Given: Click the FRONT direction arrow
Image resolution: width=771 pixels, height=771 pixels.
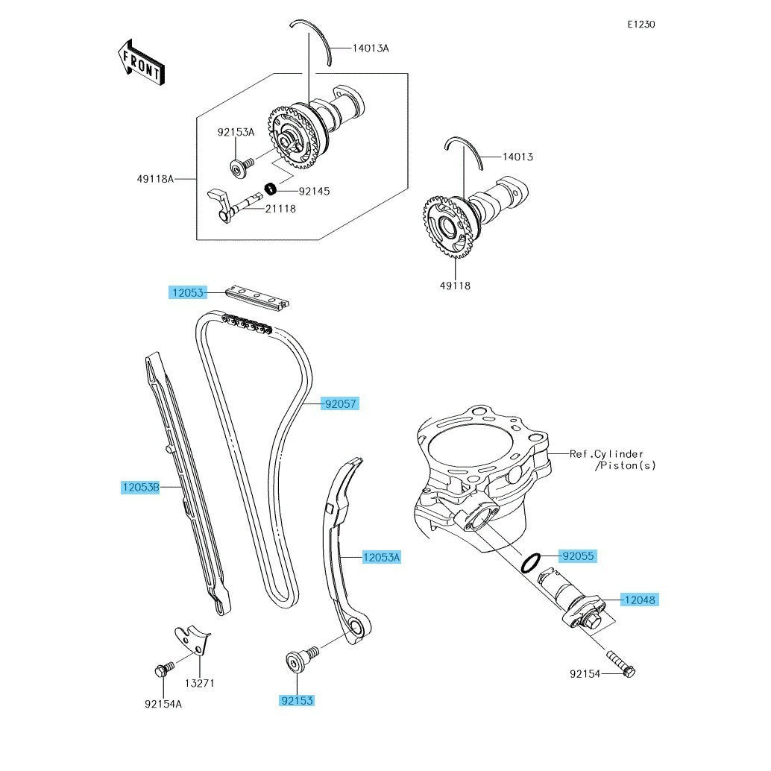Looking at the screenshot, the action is pos(142,63).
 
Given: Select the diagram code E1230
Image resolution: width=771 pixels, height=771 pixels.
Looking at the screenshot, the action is pos(641,24).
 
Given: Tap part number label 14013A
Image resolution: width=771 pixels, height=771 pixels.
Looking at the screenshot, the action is pos(371,48).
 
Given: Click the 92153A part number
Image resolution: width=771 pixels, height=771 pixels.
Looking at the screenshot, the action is pos(236,132).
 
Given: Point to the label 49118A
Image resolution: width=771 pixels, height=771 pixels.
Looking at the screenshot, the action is pos(155,179).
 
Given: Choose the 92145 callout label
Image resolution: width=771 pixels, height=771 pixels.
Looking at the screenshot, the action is pos(314,191).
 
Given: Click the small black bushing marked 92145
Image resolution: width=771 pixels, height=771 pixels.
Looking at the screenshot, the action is pos(271,189).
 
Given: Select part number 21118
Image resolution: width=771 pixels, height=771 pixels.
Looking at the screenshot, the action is pos(281,209).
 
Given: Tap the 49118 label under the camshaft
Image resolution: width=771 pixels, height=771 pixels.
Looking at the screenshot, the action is pos(455,285).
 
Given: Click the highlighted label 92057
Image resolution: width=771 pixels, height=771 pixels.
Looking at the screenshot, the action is pos(340,403).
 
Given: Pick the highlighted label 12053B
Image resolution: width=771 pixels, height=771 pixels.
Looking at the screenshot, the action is pos(141,488).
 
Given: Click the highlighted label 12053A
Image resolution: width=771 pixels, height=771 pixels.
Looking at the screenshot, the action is pos(382,557).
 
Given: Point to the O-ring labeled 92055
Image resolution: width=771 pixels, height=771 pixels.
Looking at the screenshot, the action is pos(531,563).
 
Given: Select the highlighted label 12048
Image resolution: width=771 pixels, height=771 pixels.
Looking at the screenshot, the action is pos(640,600).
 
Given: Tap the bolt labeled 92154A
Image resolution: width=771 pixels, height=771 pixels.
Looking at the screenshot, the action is pos(164,670).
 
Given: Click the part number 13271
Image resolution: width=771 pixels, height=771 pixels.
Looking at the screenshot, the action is pos(200,683).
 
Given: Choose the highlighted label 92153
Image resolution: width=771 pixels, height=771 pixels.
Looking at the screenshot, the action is pos(297,700).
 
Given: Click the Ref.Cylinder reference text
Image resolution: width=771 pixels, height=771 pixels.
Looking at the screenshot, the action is pos(606,454).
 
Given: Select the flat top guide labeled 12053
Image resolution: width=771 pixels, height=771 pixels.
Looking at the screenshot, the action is pos(257,298).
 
